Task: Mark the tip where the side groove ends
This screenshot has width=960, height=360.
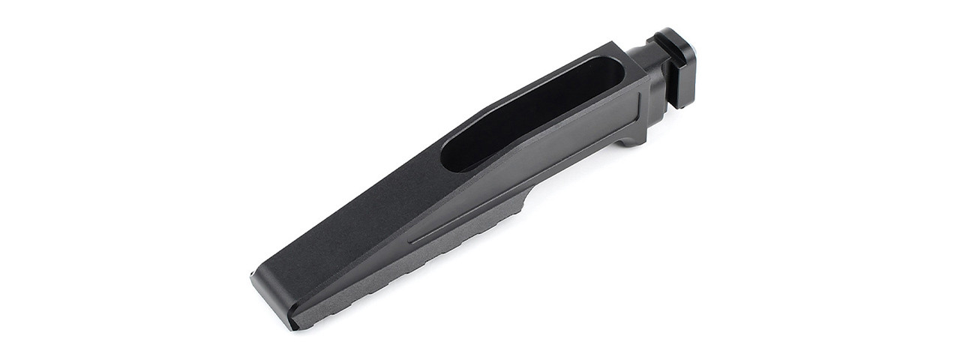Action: [x=412, y=241]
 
